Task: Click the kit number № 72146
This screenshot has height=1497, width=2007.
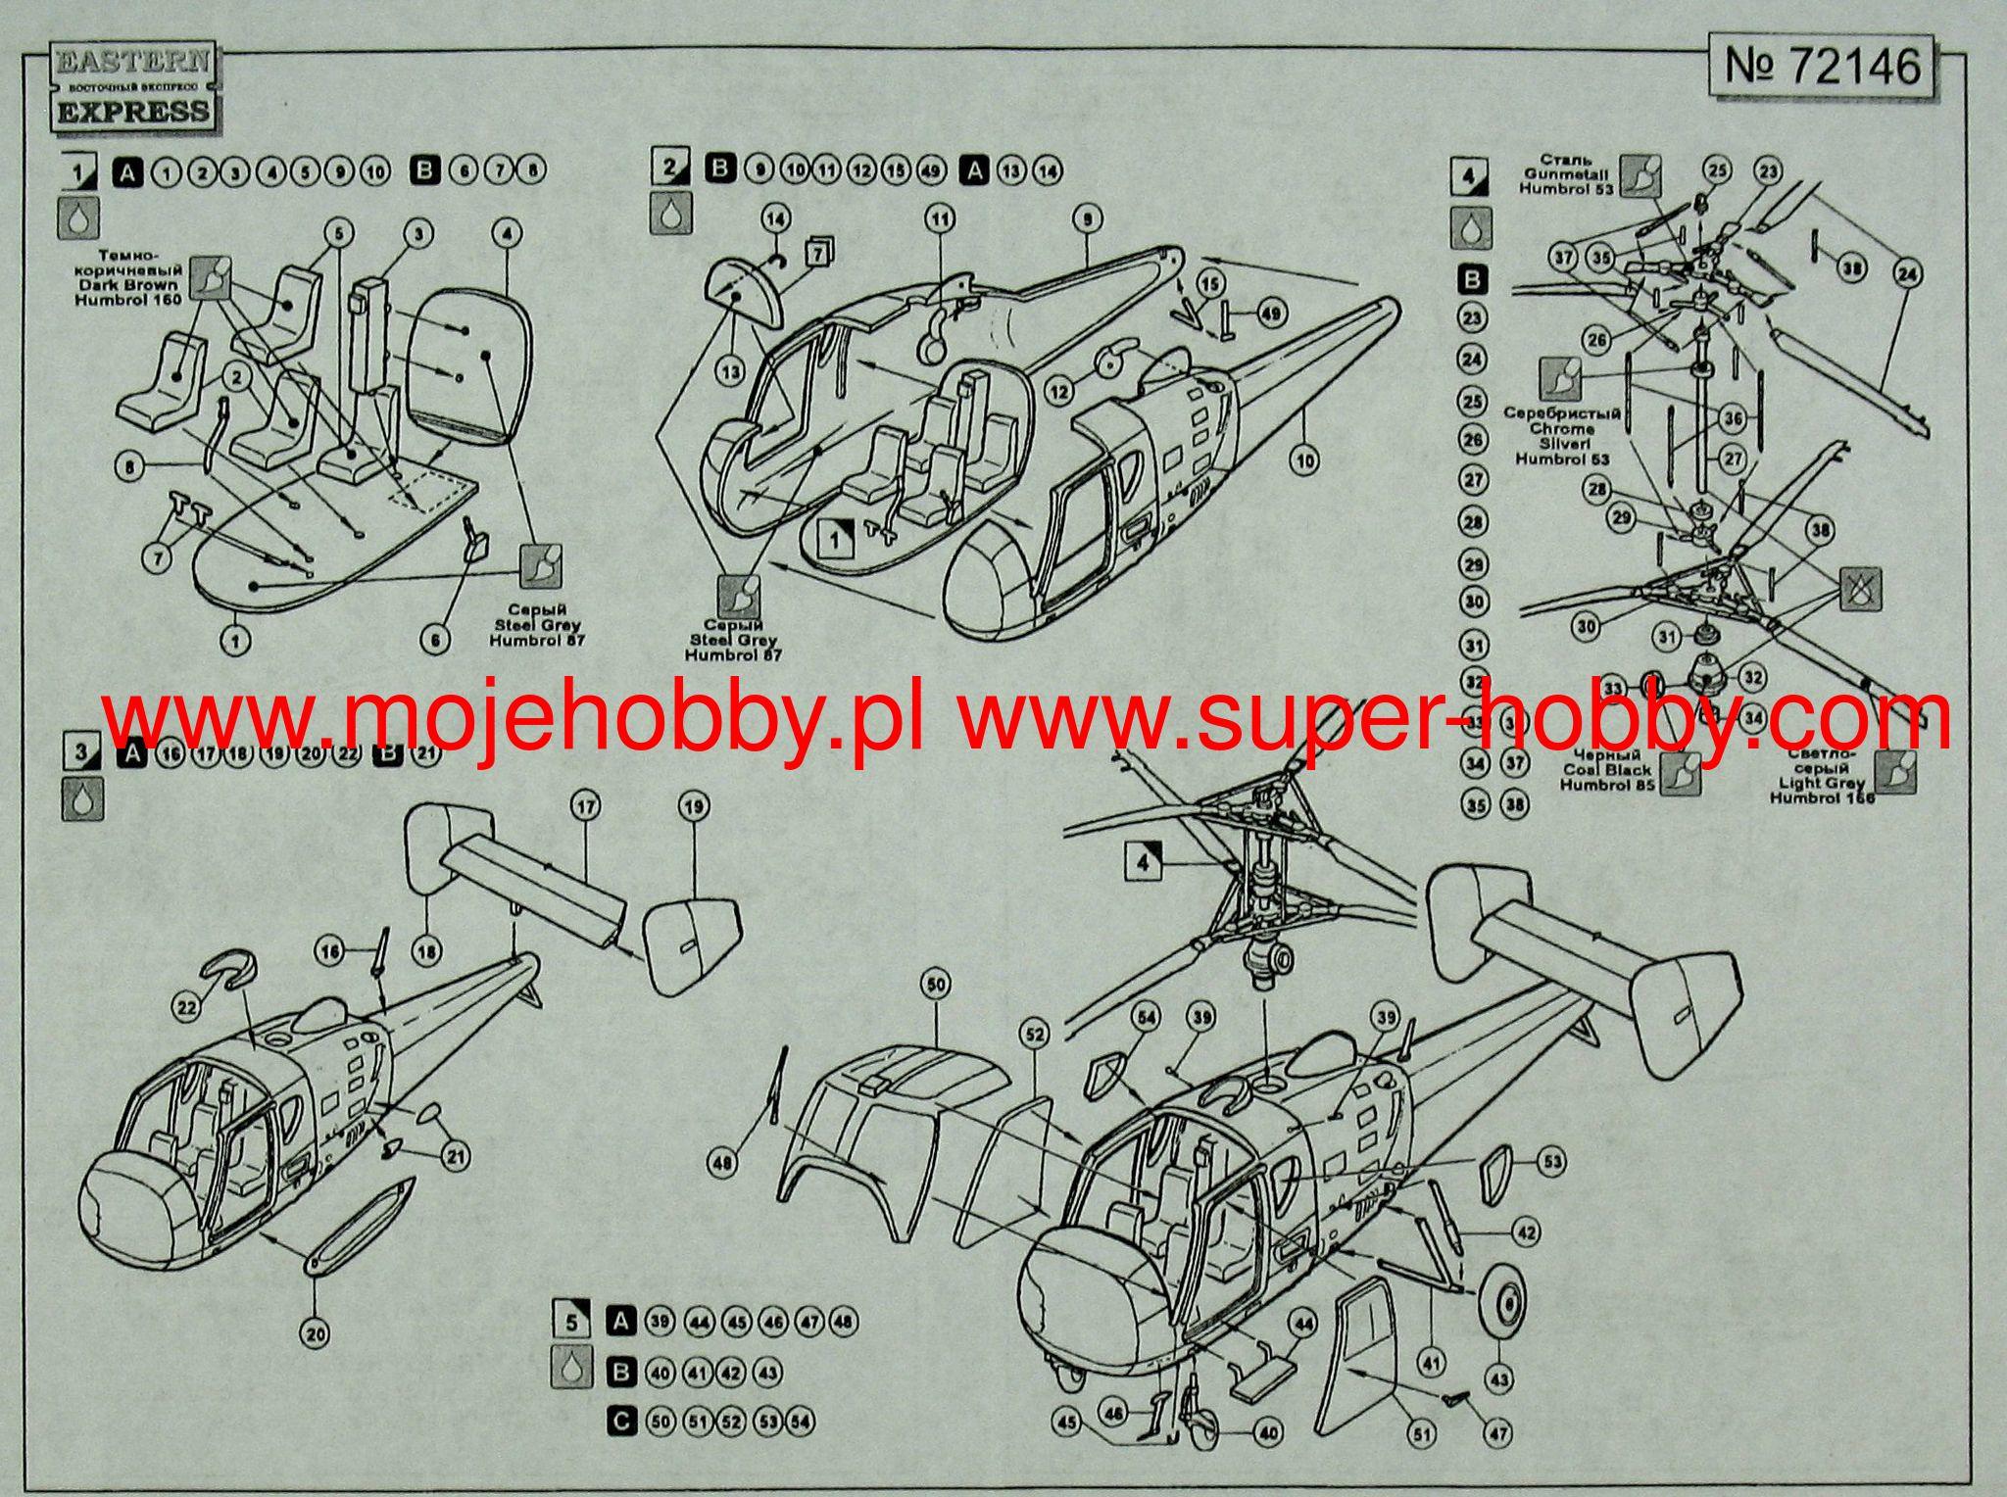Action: (x=1820, y=66)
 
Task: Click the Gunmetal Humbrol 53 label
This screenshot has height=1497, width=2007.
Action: (x=1565, y=174)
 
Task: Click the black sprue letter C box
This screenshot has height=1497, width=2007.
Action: (x=620, y=1421)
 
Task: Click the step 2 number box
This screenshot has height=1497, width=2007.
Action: (x=670, y=169)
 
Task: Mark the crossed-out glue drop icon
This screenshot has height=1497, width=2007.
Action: (x=1859, y=589)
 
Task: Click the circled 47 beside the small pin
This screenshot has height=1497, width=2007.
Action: (x=1496, y=1434)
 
